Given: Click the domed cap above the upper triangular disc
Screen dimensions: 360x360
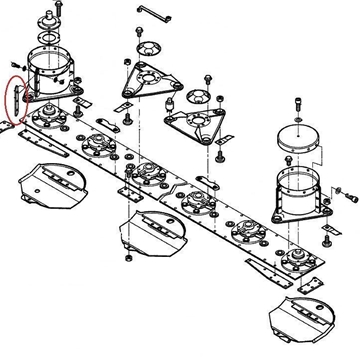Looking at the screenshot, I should click(x=151, y=50).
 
